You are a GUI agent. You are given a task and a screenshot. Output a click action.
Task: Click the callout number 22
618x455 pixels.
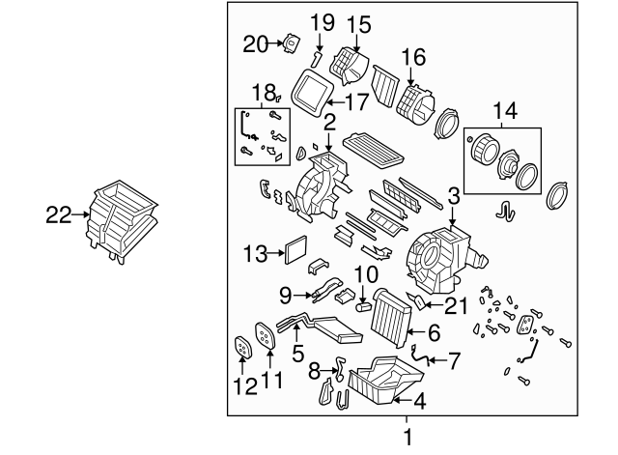coord(59,215)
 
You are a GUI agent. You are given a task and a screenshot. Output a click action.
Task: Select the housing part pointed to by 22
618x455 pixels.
coord(122,221)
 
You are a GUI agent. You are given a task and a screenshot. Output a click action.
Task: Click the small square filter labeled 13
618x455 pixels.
coord(295,250)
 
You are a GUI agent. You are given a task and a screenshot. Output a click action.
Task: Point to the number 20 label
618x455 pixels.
coord(255,43)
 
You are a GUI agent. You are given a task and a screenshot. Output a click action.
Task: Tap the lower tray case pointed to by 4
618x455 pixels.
coord(385,380)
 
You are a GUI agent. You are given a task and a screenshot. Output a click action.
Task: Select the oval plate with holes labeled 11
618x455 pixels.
coord(265,335)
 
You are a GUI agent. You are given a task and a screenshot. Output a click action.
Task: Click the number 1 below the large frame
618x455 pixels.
coord(407,438)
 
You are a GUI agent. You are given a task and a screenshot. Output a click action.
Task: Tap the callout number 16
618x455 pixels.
coord(413,57)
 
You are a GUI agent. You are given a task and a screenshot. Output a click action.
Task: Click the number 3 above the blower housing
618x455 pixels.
coord(453,196)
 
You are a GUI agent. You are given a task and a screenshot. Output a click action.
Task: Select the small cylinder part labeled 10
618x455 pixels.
coord(364,306)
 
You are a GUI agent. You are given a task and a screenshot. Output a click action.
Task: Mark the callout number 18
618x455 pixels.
coord(264,93)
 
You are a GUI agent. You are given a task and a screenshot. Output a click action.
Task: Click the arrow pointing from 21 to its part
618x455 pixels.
coord(434,304)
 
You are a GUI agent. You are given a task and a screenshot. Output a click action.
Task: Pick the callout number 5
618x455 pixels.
coord(298,353)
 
